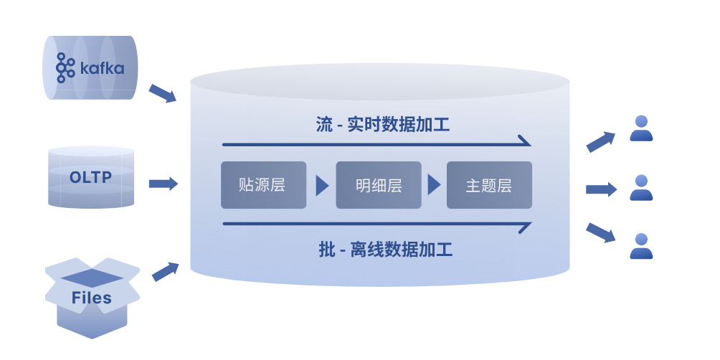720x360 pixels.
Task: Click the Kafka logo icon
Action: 65,68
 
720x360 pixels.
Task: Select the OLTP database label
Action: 91,176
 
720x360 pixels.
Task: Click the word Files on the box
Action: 92,298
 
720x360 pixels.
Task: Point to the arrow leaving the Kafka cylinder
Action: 162,93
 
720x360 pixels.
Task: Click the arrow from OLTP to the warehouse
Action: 163,184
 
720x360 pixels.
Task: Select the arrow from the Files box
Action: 165,271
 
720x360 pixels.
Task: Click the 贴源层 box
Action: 263,185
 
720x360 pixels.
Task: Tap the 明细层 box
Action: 378,185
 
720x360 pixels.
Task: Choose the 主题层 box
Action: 489,185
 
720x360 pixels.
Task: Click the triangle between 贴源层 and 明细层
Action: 322,185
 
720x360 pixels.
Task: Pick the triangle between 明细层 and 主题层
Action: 434,185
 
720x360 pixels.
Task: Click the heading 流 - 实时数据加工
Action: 383,124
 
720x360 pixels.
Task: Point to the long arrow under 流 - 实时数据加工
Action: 376,143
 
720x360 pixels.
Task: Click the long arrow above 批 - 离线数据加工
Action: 376,224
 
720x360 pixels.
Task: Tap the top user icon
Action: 641,128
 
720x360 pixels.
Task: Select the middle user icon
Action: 641,188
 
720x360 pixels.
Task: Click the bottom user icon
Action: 641,246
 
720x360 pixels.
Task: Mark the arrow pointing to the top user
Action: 601,141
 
